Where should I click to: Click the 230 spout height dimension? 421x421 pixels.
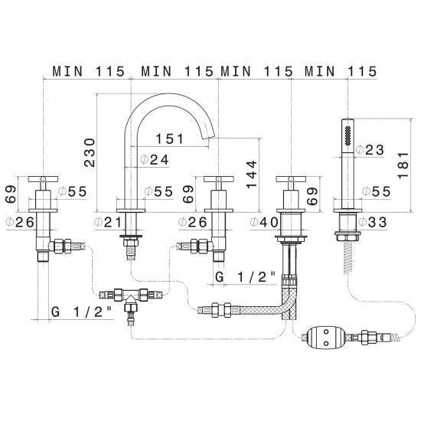tap(90, 152)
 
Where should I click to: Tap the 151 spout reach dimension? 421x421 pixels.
tap(170, 139)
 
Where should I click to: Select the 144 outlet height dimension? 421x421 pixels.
tap(252, 175)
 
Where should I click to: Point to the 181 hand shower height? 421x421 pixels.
tap(403, 165)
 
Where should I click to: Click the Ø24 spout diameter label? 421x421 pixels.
tap(155, 160)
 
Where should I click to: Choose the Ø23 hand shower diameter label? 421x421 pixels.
tap(370, 150)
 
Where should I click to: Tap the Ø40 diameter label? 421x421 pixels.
tap(264, 222)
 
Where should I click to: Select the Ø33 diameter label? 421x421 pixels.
tap(373, 222)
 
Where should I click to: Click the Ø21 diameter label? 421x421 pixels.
tap(108, 222)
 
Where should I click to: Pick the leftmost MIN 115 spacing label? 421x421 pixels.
tap(89, 71)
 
